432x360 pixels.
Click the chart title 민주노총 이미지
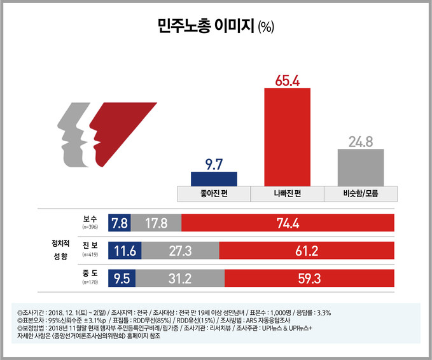(207, 26)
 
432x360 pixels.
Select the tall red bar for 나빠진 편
(287, 136)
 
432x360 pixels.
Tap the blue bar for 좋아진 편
(214, 178)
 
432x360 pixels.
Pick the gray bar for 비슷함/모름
(360, 167)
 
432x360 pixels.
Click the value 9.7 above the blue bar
(214, 164)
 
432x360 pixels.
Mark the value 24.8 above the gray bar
(360, 141)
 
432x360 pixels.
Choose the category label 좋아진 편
(214, 193)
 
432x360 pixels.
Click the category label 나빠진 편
(287, 193)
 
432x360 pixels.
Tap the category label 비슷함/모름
(360, 193)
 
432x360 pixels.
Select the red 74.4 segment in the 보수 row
(288, 223)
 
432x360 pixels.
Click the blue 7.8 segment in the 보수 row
(119, 223)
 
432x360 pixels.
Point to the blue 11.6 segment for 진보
(123, 250)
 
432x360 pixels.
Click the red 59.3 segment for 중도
(309, 277)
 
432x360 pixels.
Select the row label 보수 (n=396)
(88, 222)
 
